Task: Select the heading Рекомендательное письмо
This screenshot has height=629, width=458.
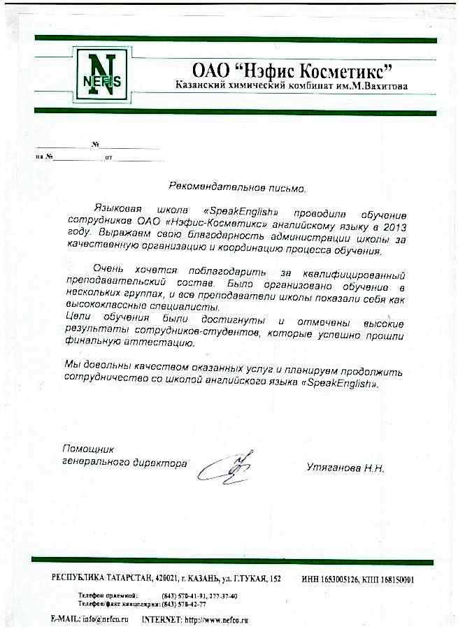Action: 238,187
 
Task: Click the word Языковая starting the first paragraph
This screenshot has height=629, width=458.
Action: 115,209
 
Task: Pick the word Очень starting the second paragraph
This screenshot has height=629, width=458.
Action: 108,270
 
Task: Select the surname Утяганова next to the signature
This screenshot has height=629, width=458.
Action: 332,468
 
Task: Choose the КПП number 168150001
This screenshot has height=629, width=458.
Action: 397,579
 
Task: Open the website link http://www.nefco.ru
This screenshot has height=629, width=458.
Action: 216,619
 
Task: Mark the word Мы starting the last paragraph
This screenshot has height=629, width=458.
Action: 71,365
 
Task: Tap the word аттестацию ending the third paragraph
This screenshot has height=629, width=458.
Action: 162,344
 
